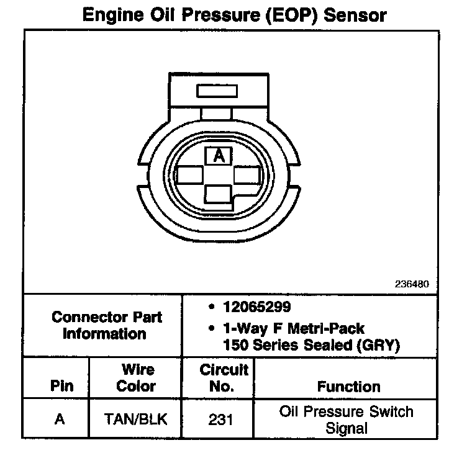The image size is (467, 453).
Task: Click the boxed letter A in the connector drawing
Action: pos(219,155)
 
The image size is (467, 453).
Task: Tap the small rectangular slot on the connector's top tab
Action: pos(217,91)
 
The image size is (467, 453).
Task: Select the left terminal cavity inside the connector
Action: pos(190,176)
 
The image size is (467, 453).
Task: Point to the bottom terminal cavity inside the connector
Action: pos(218,194)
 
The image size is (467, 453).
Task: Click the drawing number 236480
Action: pos(412,284)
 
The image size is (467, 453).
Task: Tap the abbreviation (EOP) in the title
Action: pos(279,14)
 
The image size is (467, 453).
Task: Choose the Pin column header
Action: pos(61,386)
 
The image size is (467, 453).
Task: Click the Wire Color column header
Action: pos(137,378)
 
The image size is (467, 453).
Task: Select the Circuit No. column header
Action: pos(224,378)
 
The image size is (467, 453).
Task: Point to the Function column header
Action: pos(349,386)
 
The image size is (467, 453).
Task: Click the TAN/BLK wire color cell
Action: pos(137,419)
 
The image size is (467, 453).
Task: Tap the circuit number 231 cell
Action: pos(221,419)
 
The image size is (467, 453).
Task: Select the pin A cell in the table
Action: pos(60,419)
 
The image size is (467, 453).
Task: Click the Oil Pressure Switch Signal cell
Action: pos(347,419)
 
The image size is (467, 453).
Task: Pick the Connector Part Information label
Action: pos(107,325)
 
